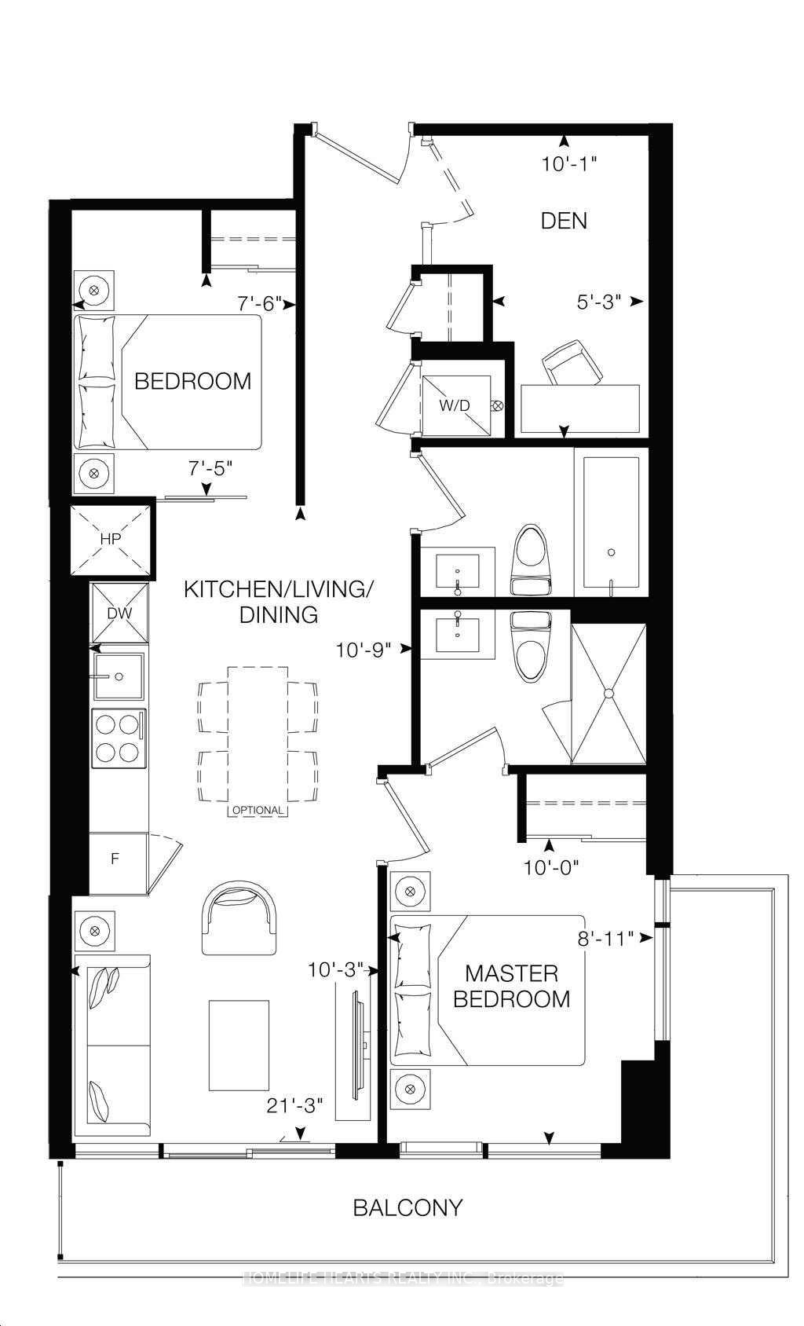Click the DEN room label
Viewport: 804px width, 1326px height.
click(564, 221)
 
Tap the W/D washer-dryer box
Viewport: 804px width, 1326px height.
click(456, 405)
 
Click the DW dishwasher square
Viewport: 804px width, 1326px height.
click(119, 613)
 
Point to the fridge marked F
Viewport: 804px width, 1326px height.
click(115, 859)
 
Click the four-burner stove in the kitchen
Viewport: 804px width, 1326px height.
click(119, 738)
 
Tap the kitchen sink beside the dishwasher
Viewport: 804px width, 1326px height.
click(119, 676)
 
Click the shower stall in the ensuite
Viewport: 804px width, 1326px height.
click(608, 694)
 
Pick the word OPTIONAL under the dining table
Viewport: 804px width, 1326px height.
click(258, 810)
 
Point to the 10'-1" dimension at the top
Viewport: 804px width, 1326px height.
click(570, 164)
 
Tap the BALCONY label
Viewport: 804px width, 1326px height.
click(407, 1207)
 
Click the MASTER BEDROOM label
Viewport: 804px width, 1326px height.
click(511, 986)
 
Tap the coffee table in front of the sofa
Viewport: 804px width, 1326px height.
click(239, 1045)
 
